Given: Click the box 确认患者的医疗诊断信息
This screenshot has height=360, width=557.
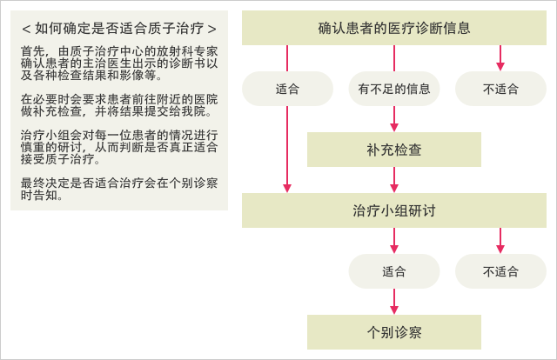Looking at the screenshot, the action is [x=394, y=28].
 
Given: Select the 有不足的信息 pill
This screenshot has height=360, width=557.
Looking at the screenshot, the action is [x=394, y=89].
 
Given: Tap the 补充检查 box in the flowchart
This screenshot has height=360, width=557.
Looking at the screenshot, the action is [x=394, y=150].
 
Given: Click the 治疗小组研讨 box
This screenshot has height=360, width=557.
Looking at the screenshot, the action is [x=394, y=210].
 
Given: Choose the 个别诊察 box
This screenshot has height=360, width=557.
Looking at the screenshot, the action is [x=394, y=332].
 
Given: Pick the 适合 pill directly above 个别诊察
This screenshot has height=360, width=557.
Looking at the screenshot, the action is [x=394, y=271].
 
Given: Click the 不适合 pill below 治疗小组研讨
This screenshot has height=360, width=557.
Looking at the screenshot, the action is [x=500, y=271].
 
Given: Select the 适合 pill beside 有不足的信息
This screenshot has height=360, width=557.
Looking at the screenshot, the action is [x=287, y=89].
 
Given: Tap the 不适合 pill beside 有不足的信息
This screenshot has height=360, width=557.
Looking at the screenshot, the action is [x=500, y=89].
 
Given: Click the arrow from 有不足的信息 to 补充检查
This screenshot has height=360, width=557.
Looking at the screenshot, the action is [x=394, y=119].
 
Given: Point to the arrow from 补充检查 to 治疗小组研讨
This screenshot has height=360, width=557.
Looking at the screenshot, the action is [x=394, y=180].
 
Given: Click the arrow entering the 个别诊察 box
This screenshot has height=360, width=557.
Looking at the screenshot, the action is [x=394, y=302].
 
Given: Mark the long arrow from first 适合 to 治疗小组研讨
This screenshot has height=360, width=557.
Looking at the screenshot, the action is [x=287, y=150].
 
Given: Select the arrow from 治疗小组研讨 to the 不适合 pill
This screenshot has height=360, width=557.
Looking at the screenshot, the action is [x=500, y=241].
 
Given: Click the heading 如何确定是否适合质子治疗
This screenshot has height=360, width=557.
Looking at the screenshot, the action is [x=119, y=29].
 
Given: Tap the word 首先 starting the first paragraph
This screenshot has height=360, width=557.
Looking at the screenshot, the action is [x=33, y=51].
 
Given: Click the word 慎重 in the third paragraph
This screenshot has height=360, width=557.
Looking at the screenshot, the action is [x=33, y=147].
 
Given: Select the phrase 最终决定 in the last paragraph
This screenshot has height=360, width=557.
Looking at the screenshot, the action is [x=45, y=183].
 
